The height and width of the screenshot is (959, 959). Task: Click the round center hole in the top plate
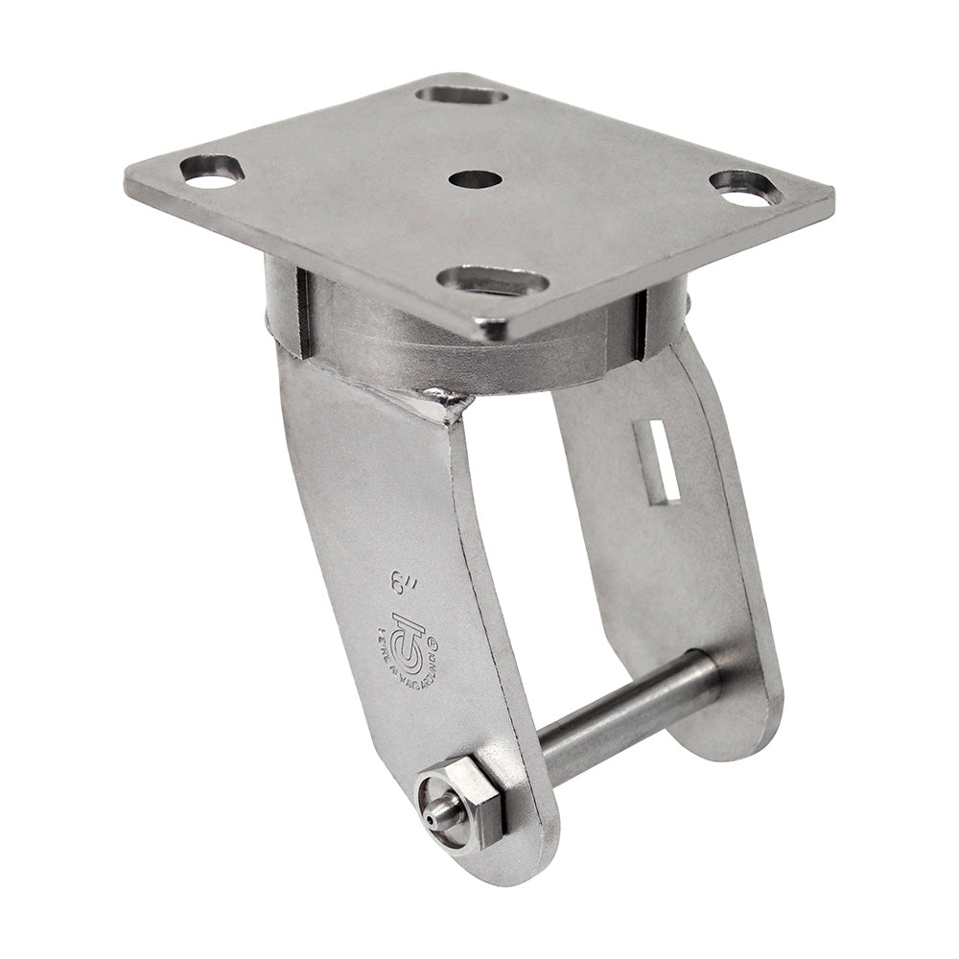(475, 179)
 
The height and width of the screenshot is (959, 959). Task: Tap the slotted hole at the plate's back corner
(462, 95)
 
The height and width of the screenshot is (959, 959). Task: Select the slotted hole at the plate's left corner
(212, 171)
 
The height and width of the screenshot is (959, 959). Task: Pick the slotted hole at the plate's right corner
(746, 187)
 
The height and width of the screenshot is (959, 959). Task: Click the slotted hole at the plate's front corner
(493, 281)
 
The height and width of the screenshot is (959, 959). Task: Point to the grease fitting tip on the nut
(436, 814)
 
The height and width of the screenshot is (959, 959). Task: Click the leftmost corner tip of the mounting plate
(129, 177)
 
